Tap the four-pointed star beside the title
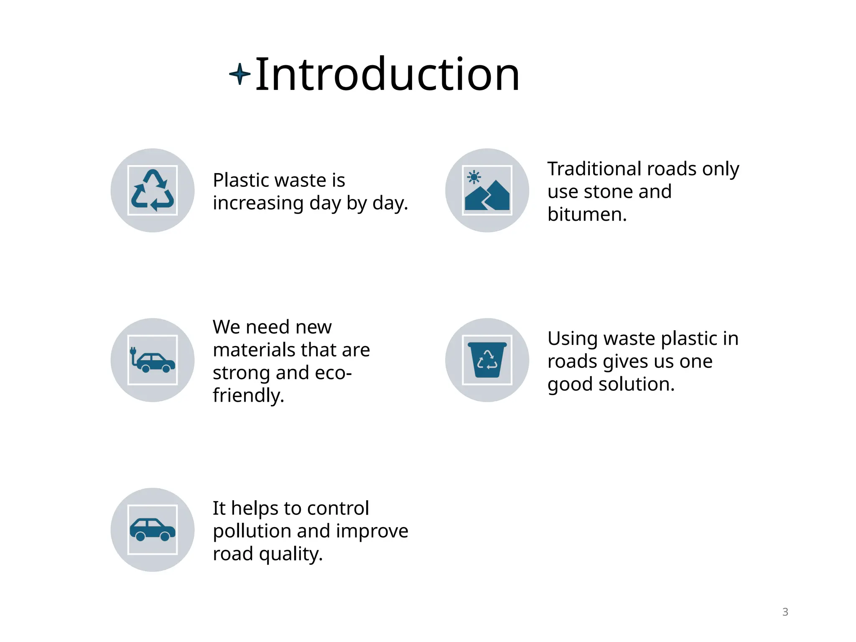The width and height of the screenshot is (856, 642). tap(239, 74)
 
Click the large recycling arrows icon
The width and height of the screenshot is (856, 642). tap(153, 190)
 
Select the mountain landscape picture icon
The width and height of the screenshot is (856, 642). tap(487, 191)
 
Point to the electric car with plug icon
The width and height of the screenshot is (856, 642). tap(153, 360)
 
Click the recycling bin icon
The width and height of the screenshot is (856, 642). tap(487, 360)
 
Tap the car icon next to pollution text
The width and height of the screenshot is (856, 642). tap(153, 530)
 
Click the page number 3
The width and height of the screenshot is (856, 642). tap(785, 612)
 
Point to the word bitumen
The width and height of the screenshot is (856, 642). tap(587, 214)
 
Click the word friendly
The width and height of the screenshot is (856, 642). tap(248, 395)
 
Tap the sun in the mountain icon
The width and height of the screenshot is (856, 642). tap(474, 177)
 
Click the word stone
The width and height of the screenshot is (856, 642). tap(607, 192)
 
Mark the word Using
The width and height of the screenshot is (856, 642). tap(568, 339)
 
